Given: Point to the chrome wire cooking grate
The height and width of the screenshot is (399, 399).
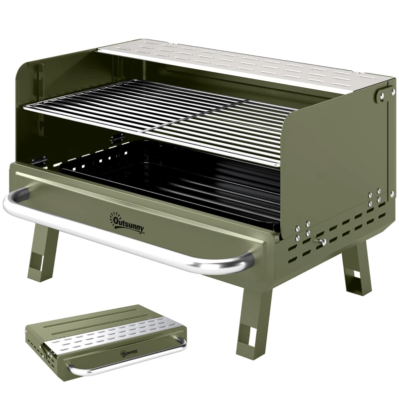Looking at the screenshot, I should pos(160,115).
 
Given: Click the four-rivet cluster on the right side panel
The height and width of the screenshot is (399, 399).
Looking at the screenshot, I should pos(374,197).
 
